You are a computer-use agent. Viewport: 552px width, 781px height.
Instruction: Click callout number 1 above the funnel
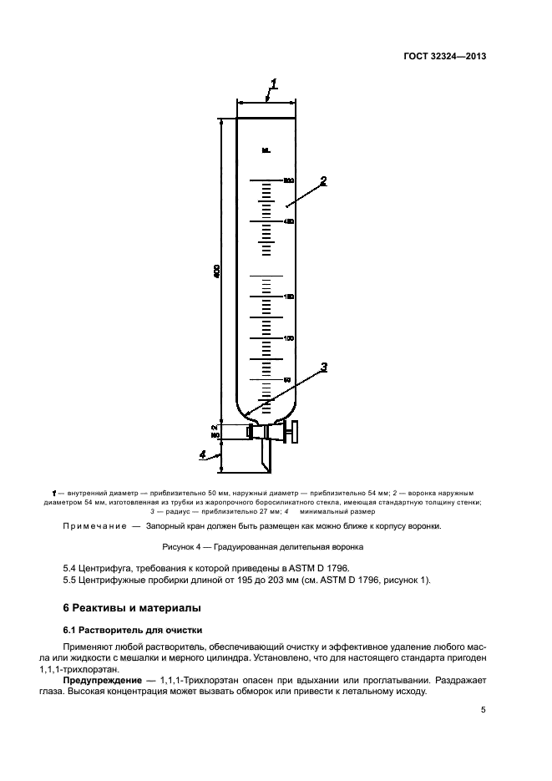click(x=274, y=84)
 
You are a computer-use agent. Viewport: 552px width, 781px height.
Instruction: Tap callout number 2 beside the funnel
click(x=323, y=180)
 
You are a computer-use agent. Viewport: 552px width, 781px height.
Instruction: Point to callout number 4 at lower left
click(x=202, y=454)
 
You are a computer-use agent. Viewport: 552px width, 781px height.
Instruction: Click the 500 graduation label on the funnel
click(x=289, y=180)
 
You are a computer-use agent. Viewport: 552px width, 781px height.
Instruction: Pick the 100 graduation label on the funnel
click(x=289, y=338)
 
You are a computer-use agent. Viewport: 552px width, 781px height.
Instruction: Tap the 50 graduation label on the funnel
click(x=287, y=380)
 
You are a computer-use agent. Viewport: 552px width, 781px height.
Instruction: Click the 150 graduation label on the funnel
click(x=289, y=297)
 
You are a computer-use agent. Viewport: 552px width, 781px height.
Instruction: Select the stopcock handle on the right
click(x=291, y=431)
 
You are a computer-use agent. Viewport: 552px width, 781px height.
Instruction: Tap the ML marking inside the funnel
click(x=266, y=151)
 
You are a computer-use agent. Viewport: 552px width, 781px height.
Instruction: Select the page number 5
click(x=484, y=709)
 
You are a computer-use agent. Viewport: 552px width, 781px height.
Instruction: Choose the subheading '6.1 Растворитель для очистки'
click(x=129, y=629)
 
